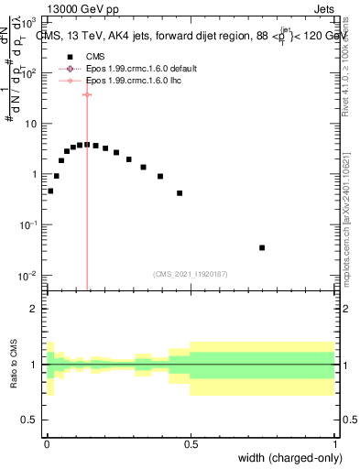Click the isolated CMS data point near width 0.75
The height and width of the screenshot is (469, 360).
tap(262, 247)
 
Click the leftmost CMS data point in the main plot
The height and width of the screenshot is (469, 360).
tap(50, 191)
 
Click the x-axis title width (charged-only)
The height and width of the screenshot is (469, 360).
tap(289, 457)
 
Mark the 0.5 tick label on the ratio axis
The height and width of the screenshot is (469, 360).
tap(29, 420)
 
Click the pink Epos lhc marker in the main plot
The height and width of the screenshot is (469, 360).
tap(87, 94)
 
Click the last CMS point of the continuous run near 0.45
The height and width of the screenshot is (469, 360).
tap(180, 193)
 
